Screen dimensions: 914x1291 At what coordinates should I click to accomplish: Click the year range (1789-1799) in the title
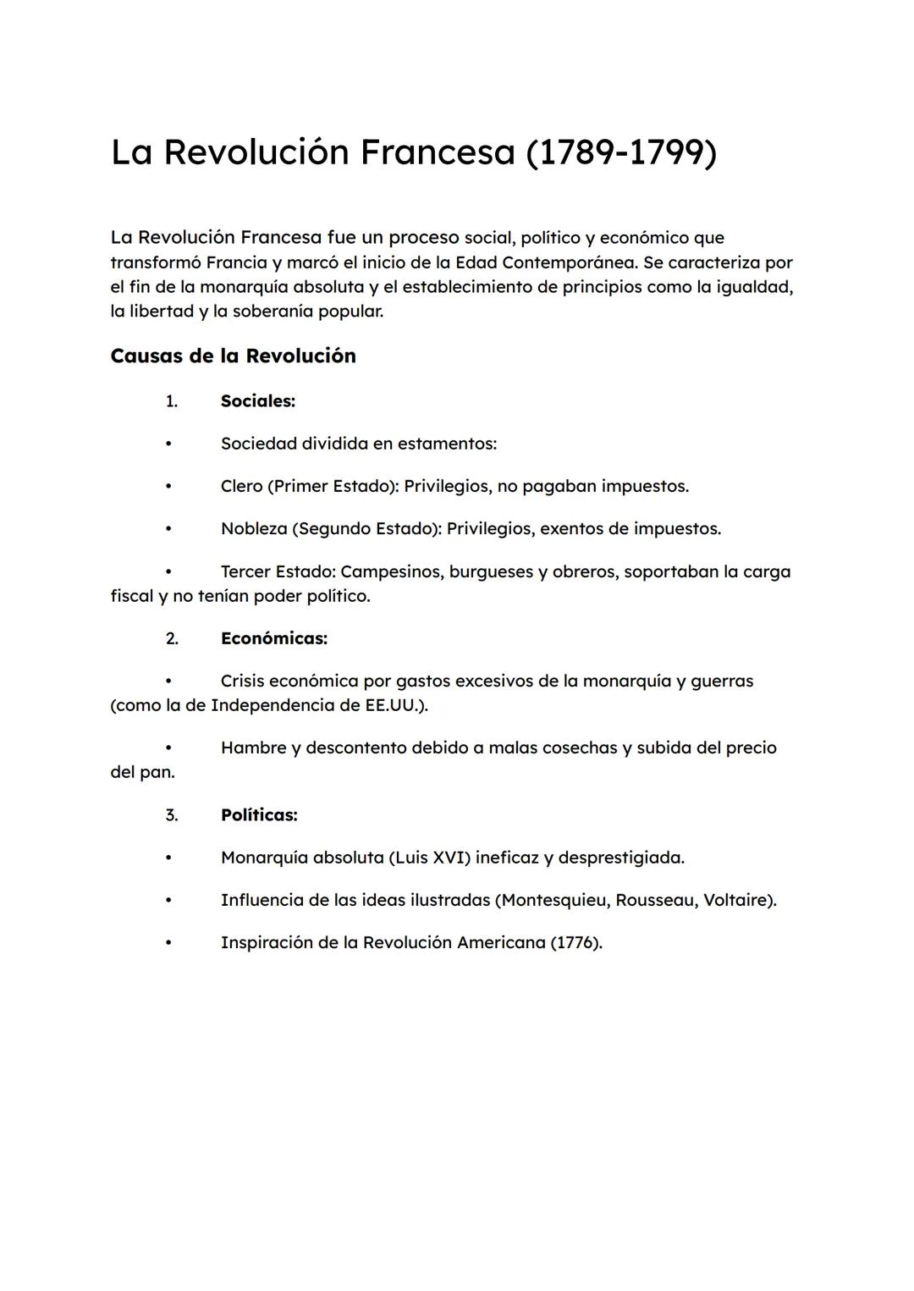click(x=621, y=152)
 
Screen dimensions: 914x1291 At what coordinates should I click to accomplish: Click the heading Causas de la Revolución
click(x=233, y=356)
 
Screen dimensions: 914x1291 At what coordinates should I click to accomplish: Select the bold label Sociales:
click(x=258, y=401)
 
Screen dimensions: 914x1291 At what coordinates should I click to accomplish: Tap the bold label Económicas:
click(x=274, y=638)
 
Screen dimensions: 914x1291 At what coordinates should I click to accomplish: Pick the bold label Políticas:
click(x=259, y=815)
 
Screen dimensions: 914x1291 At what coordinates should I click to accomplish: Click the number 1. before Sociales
click(x=172, y=401)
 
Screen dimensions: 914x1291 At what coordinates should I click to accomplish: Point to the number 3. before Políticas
click(x=172, y=815)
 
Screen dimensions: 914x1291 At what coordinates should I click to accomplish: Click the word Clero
click(x=241, y=486)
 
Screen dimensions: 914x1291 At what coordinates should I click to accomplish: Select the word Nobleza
click(x=254, y=528)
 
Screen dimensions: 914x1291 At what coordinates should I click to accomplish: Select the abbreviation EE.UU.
click(x=394, y=705)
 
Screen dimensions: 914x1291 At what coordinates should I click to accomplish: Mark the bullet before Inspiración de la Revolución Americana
click(x=168, y=942)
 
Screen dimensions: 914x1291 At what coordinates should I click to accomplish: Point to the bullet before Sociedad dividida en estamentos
click(x=168, y=444)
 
